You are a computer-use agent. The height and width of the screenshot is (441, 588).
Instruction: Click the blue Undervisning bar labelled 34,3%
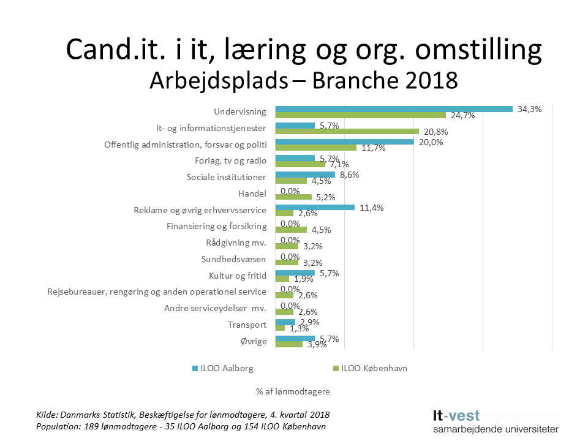point(393,109)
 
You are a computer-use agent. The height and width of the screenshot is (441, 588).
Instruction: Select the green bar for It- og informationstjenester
point(347,131)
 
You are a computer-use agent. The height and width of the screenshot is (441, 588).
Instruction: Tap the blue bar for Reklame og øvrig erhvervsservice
point(315,208)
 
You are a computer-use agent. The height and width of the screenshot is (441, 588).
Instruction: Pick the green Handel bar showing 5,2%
point(293,197)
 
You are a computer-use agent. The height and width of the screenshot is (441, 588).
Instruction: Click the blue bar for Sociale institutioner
point(305,175)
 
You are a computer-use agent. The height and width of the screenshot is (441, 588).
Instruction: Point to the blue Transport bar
point(285,322)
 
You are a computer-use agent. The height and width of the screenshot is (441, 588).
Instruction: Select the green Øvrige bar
point(289,344)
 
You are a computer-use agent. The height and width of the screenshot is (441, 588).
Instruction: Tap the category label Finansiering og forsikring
point(216,226)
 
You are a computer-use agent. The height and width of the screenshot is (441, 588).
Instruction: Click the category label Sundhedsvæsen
point(233,259)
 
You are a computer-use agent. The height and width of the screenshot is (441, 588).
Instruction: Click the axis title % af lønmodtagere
point(293,390)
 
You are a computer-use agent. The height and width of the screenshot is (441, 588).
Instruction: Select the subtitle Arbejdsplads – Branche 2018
point(304,80)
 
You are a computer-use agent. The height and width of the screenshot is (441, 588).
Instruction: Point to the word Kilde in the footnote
point(47,415)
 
